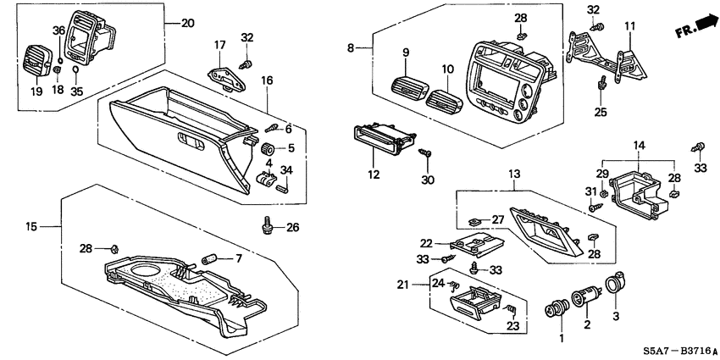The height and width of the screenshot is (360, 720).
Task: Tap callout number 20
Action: coord(187,23)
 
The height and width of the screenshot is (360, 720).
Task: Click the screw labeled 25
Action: coord(601,84)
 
